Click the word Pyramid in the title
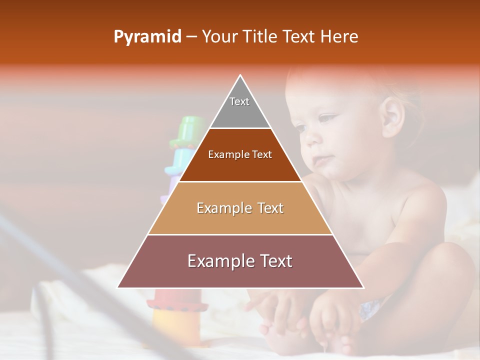[x=147, y=37]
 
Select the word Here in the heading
[x=339, y=36]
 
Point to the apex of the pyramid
[x=240, y=75]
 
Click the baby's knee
[x=445, y=265]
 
